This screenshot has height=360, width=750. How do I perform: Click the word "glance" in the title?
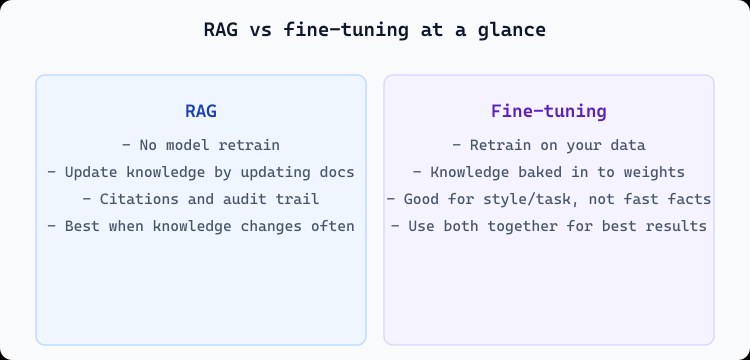click(x=515, y=30)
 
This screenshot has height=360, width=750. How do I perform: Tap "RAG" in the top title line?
click(x=220, y=30)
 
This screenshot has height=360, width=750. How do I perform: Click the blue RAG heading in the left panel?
click(x=200, y=111)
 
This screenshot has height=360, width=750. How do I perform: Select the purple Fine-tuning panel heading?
click(x=548, y=111)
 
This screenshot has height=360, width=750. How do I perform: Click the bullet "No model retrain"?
click(x=200, y=145)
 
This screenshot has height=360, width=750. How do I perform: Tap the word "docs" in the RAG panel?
click(x=335, y=172)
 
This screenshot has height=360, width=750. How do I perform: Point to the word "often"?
click(x=331, y=226)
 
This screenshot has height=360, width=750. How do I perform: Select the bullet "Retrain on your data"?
click(x=548, y=145)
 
